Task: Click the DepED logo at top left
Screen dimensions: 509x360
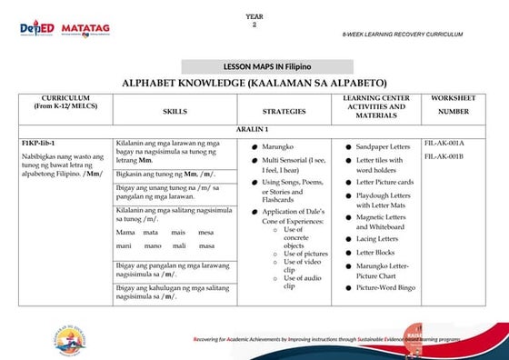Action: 38,30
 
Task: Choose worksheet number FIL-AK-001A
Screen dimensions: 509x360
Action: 444,144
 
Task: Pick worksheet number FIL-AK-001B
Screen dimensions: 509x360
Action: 444,156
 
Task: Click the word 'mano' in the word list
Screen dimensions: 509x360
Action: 153,245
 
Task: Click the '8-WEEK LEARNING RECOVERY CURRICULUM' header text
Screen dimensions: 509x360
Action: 403,34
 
